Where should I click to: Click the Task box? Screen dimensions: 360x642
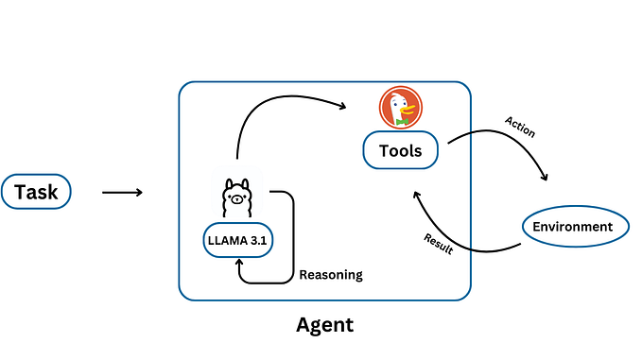pos(37,193)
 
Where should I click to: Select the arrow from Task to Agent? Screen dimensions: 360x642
pos(122,193)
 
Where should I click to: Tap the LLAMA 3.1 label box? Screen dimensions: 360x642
pos(237,239)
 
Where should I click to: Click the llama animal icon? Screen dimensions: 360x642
pos(237,199)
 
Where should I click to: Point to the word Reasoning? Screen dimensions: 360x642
pos(331,275)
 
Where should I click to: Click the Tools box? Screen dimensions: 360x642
pos(401,150)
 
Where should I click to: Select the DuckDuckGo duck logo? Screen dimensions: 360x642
pos(400,108)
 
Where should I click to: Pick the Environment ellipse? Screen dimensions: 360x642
pos(572,227)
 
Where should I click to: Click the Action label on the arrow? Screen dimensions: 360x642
pos(520,127)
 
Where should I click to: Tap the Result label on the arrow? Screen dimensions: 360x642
pos(438,244)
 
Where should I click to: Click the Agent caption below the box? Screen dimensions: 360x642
pos(324,325)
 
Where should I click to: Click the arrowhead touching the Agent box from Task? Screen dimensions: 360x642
pos(138,193)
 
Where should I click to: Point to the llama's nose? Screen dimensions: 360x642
pos(237,200)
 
